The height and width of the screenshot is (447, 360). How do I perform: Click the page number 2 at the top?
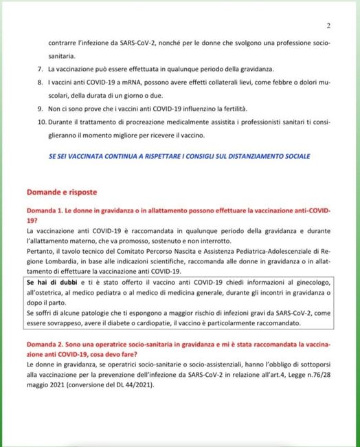(x=328, y=27)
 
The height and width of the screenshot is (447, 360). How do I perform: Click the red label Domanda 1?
(x=47, y=209)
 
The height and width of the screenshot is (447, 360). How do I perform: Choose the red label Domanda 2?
(x=47, y=342)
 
